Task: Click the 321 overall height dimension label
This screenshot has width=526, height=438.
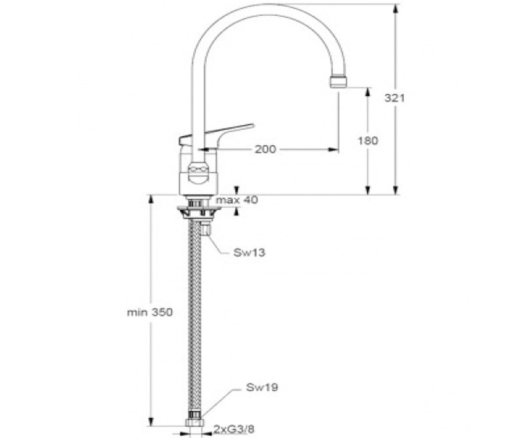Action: (x=394, y=98)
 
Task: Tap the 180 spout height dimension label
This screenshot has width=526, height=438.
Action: (x=368, y=141)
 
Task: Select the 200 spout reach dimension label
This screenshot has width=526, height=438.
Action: (x=266, y=149)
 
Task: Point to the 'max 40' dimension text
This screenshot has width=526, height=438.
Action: (x=237, y=200)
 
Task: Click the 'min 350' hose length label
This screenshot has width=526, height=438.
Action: (x=150, y=312)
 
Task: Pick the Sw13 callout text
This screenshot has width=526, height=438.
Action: (x=249, y=252)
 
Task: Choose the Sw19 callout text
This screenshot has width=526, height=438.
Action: (x=262, y=387)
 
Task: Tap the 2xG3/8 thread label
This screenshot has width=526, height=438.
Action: (x=234, y=429)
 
